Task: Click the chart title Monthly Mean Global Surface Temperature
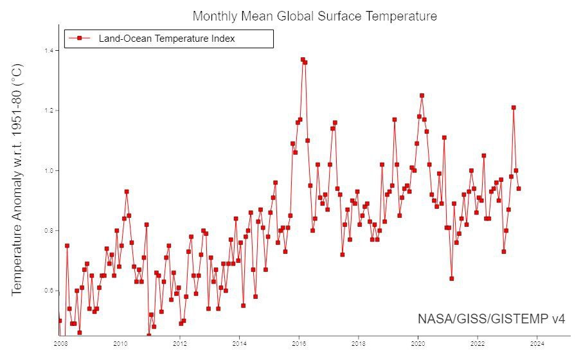coord(315,16)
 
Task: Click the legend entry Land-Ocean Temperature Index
coord(166,39)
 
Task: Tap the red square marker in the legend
coord(79,39)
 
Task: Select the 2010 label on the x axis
coord(120,343)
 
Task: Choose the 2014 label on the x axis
coord(239,343)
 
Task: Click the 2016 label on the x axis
coord(299,343)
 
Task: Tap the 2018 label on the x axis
coord(359,343)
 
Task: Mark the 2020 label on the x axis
coord(418,343)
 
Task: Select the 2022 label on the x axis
coord(478,343)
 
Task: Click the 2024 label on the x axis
coord(538,343)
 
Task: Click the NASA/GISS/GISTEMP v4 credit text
coord(492,319)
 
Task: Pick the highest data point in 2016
coord(303,60)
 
